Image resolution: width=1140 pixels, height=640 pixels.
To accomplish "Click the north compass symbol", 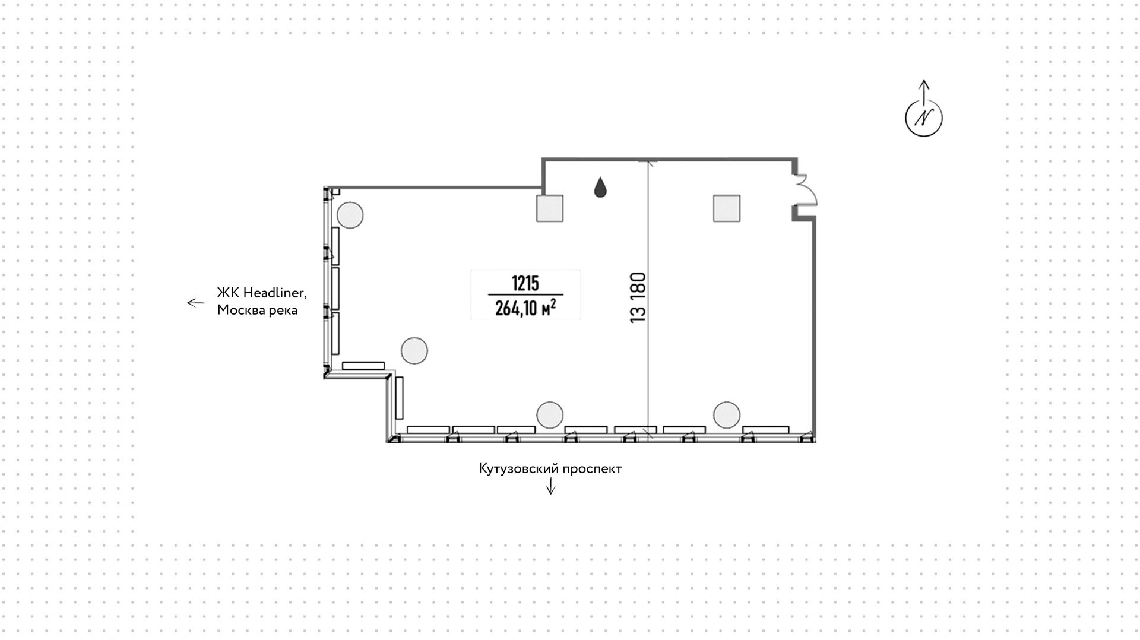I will (923, 117).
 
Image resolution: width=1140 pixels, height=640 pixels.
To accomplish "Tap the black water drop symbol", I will (600, 188).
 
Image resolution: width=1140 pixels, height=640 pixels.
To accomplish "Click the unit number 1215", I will (525, 284).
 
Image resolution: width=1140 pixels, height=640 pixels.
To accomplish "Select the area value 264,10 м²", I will (525, 308).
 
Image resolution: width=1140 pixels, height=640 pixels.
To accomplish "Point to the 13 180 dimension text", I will (638, 297).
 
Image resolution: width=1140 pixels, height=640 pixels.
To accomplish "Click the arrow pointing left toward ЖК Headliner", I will (195, 303).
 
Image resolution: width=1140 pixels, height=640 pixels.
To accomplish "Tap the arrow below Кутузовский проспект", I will (550, 486).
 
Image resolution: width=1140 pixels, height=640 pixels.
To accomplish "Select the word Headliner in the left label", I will (274, 293).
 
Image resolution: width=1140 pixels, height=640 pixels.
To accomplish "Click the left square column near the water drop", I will (550, 208).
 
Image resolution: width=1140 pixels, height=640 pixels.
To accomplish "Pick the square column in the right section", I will (727, 208).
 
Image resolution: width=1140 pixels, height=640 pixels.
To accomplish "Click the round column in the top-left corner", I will (350, 215).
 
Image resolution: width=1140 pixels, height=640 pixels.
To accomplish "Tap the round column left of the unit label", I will (414, 350).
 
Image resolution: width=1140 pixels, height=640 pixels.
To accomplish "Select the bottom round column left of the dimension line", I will (549, 414).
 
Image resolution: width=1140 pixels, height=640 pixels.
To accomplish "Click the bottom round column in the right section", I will (727, 414).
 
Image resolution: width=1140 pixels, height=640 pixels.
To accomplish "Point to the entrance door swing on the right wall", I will (806, 189).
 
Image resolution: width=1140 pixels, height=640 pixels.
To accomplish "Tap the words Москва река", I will (257, 310).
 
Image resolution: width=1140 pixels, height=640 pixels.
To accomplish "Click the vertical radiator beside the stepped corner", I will (399, 397).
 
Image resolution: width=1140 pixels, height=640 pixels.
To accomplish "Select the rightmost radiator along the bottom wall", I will (765, 429).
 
